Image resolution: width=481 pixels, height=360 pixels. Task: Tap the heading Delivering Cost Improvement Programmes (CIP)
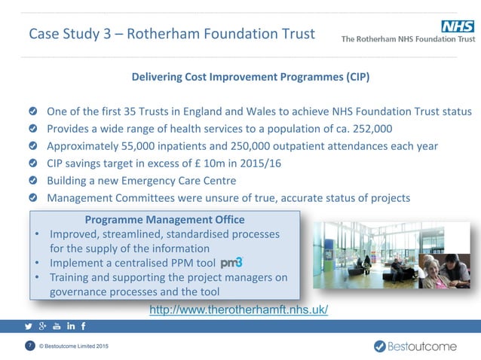250,78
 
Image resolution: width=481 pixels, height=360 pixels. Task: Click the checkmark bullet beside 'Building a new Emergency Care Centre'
33,181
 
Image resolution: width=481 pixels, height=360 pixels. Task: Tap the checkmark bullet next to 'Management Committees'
33,198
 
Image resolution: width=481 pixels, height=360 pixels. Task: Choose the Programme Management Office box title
164,220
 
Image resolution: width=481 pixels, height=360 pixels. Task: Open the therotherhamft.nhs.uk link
239,310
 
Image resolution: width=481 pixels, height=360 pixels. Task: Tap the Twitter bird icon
29,326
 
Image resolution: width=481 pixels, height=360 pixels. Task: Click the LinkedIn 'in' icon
71,326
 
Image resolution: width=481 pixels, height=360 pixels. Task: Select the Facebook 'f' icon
84,326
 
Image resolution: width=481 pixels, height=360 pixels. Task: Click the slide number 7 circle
29,346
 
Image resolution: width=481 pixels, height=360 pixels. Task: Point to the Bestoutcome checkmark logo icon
381,346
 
